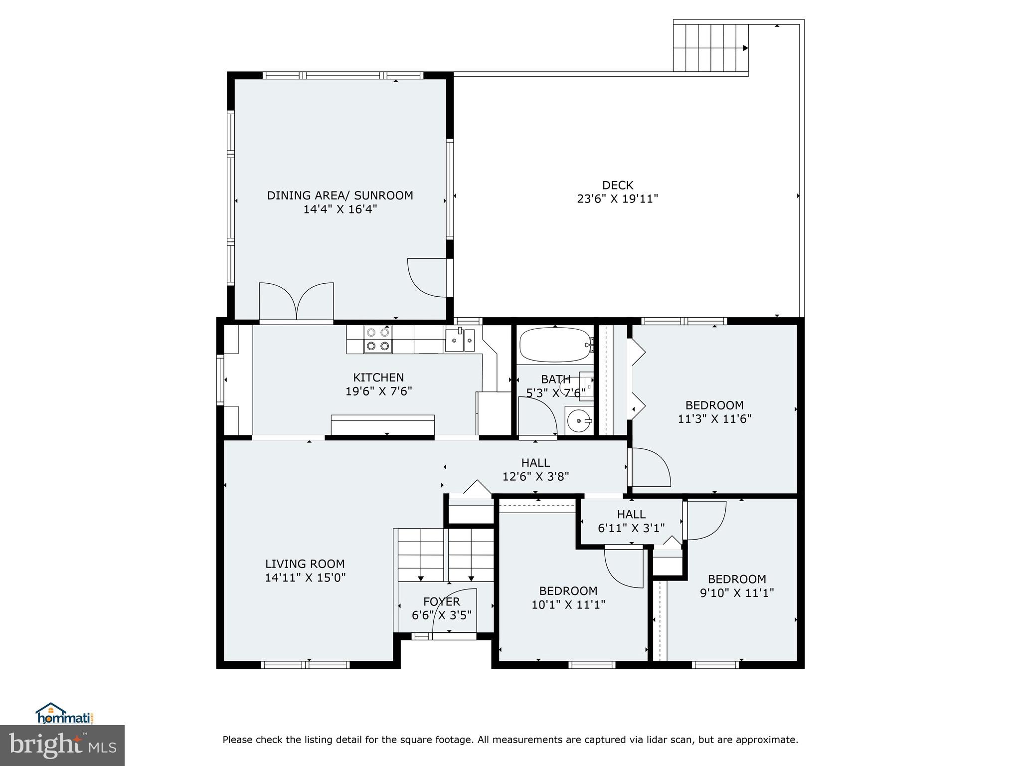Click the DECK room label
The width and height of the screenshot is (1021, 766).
[617, 185]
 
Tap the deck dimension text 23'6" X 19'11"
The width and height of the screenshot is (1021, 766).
[617, 199]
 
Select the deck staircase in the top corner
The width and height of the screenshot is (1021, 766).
[710, 48]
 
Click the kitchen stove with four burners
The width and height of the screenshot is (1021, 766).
[377, 339]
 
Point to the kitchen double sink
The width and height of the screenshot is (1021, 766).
[460, 340]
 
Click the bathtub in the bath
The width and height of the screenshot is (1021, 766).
[555, 345]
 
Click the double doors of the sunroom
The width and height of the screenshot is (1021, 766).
[296, 301]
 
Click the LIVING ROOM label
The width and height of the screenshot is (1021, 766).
[305, 564]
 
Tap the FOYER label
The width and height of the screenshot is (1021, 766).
[441, 602]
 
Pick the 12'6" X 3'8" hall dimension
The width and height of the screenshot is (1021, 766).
[535, 477]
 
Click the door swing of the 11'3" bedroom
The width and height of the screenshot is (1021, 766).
[650, 467]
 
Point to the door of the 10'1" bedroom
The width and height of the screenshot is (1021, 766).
[623, 568]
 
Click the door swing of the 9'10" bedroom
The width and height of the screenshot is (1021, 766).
[705, 520]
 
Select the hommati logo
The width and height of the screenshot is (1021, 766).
[64, 714]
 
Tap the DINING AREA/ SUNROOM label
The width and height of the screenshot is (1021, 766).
[340, 195]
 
